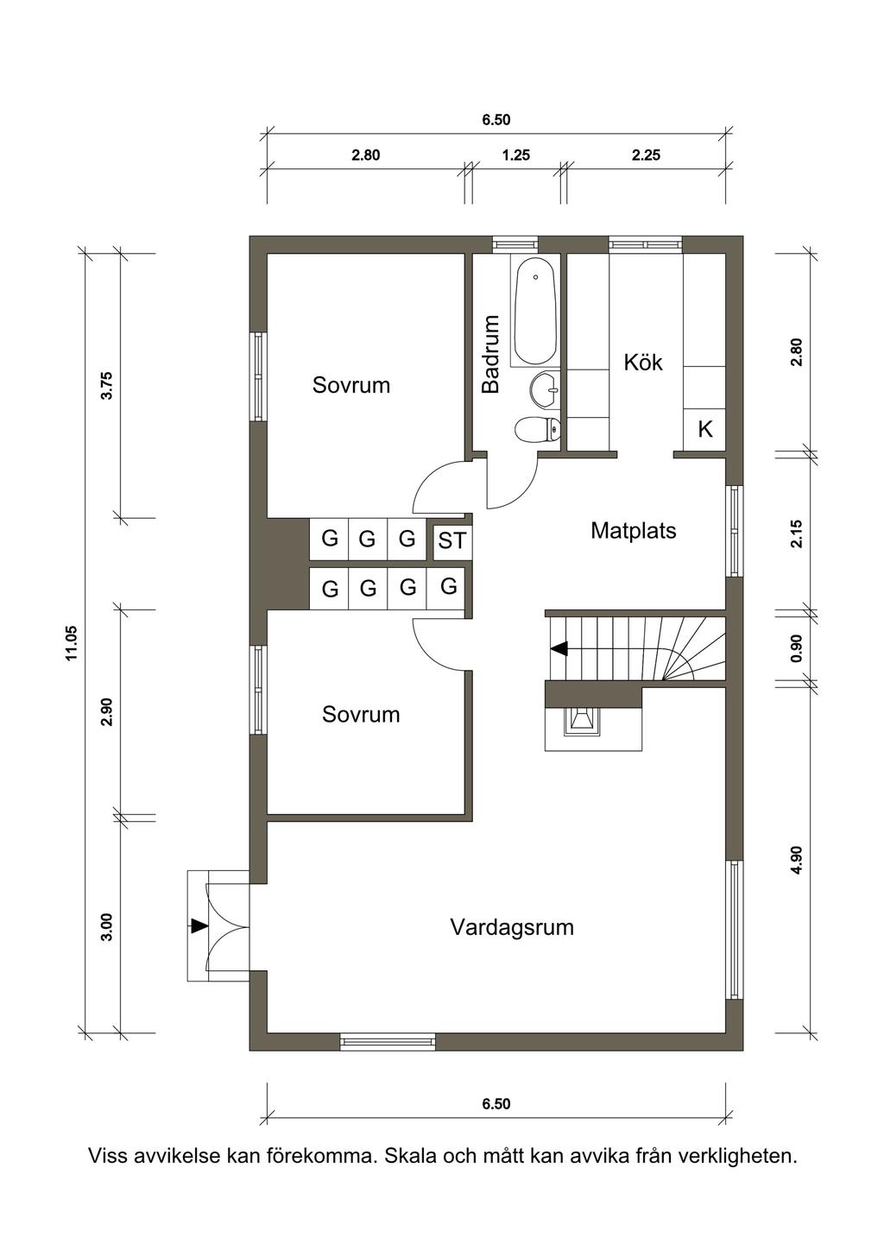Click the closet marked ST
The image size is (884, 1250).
pos(452,540)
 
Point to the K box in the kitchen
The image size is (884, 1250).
pos(704,430)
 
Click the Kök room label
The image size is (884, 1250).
pos(643,363)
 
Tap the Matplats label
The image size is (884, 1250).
pos(634,531)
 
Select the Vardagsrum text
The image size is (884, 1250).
pos(512,927)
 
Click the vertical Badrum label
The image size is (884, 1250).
pos(491,354)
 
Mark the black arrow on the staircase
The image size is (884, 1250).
pos(559,648)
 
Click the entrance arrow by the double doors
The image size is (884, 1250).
pos(199,925)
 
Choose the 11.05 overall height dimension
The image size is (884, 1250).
pos(72,643)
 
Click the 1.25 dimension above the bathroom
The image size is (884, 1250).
pos(515,155)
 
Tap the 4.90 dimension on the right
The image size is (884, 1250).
pos(797,861)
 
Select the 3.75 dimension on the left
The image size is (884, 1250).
pos(106,385)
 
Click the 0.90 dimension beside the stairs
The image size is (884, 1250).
pos(797,648)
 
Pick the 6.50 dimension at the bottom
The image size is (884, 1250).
pos(496,1104)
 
